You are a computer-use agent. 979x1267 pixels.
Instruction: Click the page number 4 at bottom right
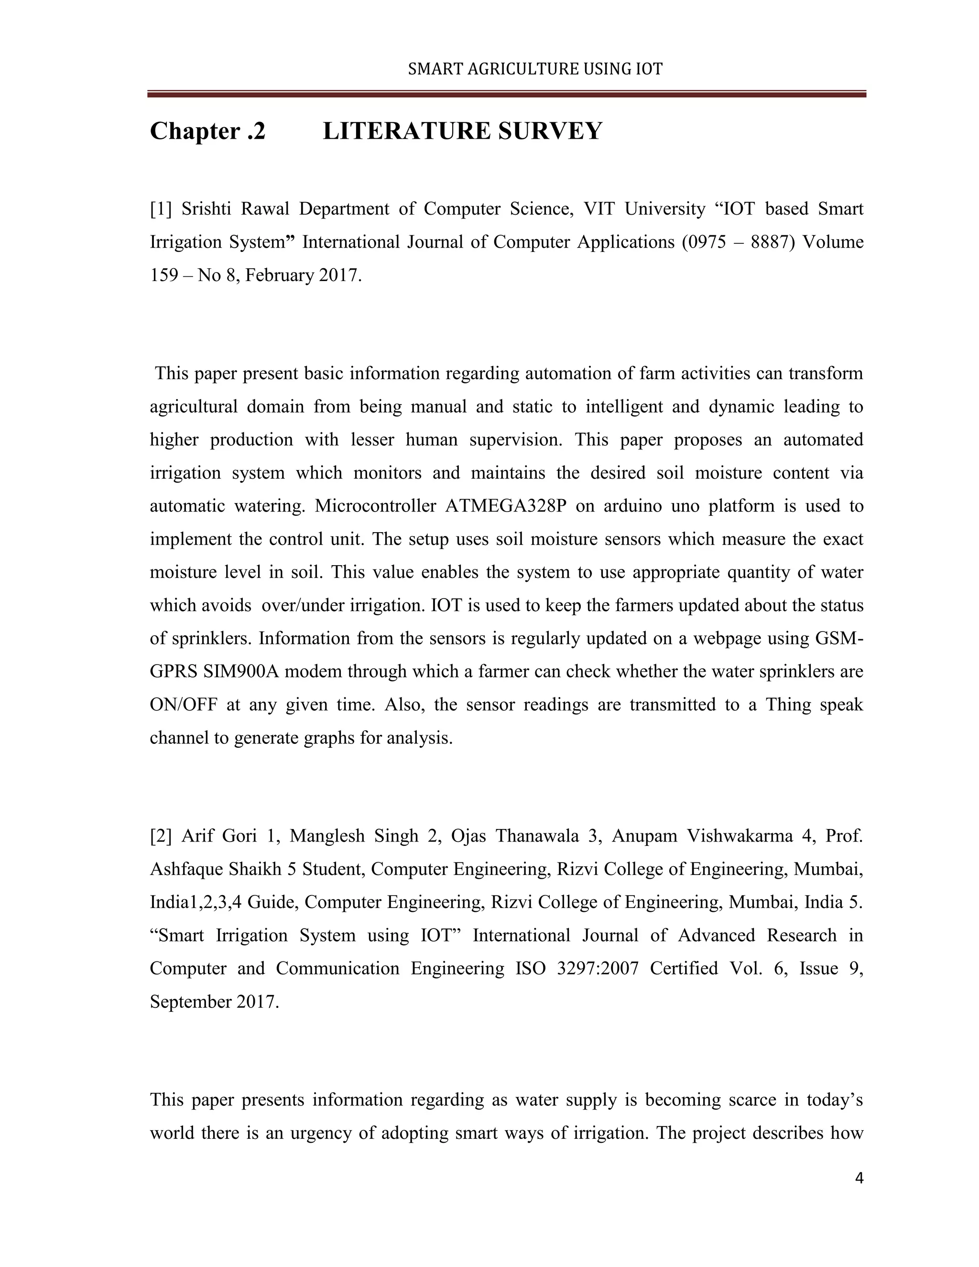pos(859,1178)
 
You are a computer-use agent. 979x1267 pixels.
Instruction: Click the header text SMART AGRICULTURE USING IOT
pos(535,69)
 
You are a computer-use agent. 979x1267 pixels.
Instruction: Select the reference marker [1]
pos(161,209)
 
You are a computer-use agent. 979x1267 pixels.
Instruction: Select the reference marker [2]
pos(161,836)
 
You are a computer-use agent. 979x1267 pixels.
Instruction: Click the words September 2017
pos(214,1001)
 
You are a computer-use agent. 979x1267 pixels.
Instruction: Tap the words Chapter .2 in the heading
pos(207,131)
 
